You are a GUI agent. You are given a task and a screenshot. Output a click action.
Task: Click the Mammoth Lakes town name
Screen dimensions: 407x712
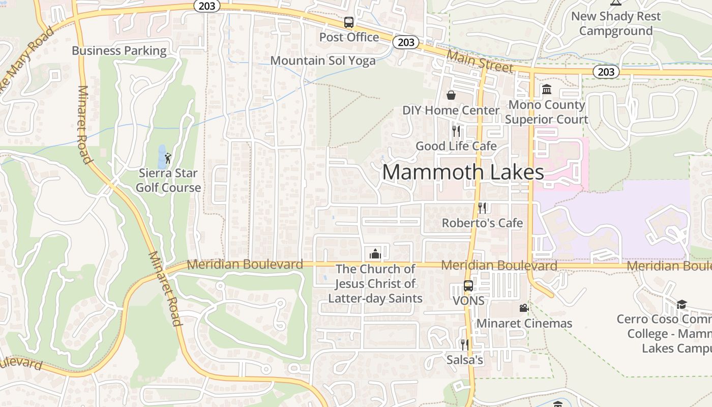tap(463, 172)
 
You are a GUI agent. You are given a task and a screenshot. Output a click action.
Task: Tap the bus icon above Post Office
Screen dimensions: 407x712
tap(348, 22)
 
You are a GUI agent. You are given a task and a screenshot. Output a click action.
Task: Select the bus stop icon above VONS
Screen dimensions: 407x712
tap(468, 286)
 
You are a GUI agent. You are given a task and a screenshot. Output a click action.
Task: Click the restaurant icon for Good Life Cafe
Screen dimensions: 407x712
tap(456, 131)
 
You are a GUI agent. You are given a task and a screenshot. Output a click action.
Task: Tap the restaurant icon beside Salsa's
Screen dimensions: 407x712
tap(464, 344)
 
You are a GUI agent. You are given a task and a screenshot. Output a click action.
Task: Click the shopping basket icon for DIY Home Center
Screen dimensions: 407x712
tap(451, 95)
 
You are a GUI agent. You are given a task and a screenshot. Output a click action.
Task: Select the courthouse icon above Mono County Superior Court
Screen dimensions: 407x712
tap(547, 90)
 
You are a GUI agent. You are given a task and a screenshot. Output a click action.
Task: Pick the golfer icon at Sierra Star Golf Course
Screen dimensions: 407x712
tap(168, 158)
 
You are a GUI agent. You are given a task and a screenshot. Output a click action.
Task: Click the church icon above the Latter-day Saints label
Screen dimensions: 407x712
tap(375, 253)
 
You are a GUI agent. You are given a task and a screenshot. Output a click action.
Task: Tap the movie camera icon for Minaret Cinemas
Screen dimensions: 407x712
tap(524, 308)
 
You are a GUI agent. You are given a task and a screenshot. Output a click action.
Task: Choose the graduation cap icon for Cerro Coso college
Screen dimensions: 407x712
tap(681, 304)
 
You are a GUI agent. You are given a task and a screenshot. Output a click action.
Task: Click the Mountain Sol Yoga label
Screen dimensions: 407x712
tap(323, 61)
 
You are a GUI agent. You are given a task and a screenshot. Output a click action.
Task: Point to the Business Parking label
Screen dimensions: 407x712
tap(119, 51)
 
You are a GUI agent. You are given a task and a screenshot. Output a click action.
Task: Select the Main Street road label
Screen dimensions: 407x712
tap(480, 61)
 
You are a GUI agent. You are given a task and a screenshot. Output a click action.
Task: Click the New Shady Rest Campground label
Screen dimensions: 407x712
tap(616, 23)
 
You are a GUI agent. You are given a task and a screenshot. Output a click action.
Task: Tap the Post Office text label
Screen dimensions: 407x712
tap(349, 37)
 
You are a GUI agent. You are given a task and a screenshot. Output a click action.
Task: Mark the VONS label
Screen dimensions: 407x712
tap(468, 301)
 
